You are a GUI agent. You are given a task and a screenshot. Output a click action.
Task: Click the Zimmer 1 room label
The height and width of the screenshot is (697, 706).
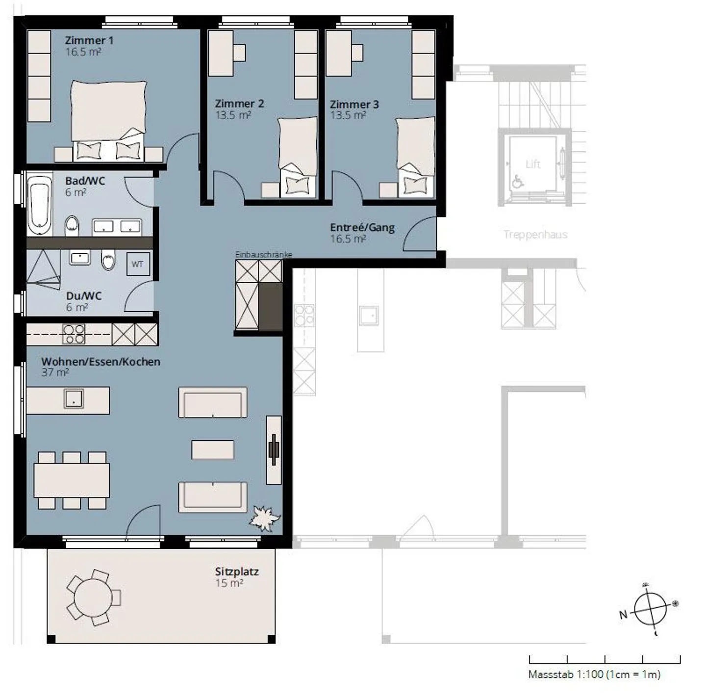click(89, 40)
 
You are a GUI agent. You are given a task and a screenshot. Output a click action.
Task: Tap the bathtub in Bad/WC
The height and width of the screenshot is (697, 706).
click(40, 205)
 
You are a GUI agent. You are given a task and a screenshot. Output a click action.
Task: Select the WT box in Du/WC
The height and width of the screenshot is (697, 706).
click(138, 264)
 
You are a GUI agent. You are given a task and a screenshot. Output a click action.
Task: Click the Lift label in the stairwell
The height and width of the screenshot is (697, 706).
click(533, 164)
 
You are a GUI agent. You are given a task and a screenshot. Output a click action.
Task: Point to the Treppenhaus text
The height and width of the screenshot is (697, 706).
click(536, 235)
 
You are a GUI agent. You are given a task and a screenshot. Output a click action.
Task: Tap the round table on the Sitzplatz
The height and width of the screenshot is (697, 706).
click(93, 597)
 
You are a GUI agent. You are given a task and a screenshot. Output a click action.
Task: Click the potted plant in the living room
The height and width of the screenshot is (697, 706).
click(265, 518)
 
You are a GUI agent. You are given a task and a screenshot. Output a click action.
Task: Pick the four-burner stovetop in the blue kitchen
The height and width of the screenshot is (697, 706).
click(74, 334)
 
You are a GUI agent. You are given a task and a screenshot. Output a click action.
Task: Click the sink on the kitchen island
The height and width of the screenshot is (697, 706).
click(74, 399)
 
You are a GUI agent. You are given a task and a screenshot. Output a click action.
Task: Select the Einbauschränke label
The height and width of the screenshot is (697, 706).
click(264, 255)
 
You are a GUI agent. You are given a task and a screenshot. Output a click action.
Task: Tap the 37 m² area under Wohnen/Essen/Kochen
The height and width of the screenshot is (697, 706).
click(55, 373)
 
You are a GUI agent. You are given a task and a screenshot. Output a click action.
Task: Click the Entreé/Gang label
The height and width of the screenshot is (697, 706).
click(362, 227)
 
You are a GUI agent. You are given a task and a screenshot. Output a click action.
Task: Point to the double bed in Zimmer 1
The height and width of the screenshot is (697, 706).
click(108, 121)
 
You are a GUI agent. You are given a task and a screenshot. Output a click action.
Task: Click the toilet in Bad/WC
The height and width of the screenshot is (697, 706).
click(72, 226)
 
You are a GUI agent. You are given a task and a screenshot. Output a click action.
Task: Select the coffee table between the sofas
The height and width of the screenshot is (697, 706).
click(213, 450)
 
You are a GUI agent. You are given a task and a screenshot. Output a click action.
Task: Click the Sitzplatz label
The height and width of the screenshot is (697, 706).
click(237, 571)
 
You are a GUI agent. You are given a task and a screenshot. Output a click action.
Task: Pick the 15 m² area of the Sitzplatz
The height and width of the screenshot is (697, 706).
click(229, 583)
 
